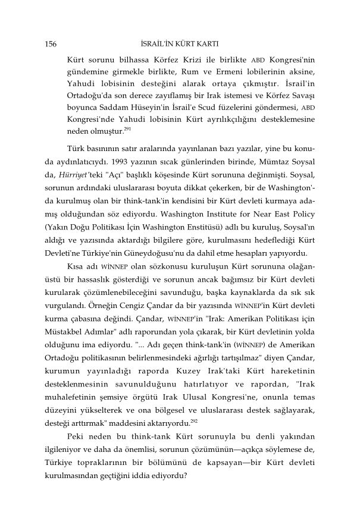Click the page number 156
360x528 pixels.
click(51, 44)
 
